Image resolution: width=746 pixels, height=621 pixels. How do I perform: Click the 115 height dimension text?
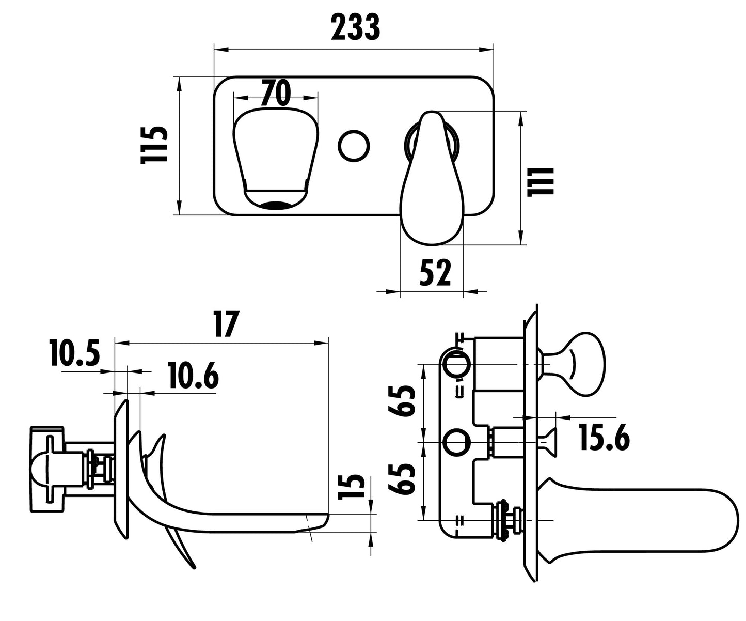click(x=155, y=145)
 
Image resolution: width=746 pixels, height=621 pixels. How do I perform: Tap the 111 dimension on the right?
click(x=541, y=181)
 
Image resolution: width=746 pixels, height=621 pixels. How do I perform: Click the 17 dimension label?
click(x=225, y=324)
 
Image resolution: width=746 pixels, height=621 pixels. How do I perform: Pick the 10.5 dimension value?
click(x=74, y=354)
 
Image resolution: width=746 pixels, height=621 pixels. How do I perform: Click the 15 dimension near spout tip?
click(x=351, y=487)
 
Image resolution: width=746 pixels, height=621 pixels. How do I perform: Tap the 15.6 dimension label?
click(x=604, y=437)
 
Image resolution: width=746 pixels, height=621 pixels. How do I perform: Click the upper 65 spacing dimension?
click(x=403, y=400)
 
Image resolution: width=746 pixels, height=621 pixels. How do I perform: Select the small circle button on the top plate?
click(x=354, y=145)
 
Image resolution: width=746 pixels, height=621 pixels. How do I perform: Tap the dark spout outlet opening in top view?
click(x=277, y=205)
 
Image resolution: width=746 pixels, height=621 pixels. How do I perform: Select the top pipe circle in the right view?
click(x=457, y=364)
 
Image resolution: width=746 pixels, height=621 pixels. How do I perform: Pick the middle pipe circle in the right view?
click(x=457, y=442)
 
